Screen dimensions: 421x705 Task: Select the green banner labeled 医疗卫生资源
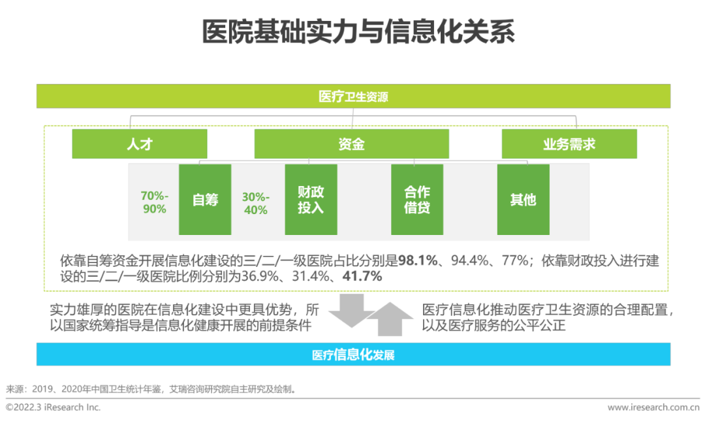coord(353,97)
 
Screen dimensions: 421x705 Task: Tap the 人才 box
coord(139,144)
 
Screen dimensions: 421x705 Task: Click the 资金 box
coord(351,144)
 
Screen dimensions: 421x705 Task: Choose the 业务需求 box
coord(569,144)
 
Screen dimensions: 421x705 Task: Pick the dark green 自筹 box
coord(205,200)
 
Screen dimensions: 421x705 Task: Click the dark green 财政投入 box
coord(311,200)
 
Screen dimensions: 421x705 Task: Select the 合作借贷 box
coord(417,200)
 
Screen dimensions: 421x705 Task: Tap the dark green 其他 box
coord(523,200)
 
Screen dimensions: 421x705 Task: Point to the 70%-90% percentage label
coord(154,202)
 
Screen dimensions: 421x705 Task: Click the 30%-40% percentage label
coord(255,202)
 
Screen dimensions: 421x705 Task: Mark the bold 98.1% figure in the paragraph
coord(418,261)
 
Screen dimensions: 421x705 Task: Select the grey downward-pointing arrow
coord(349,310)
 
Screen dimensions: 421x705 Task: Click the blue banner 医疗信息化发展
coord(353,355)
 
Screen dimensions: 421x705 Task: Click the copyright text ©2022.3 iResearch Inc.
coord(54,407)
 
